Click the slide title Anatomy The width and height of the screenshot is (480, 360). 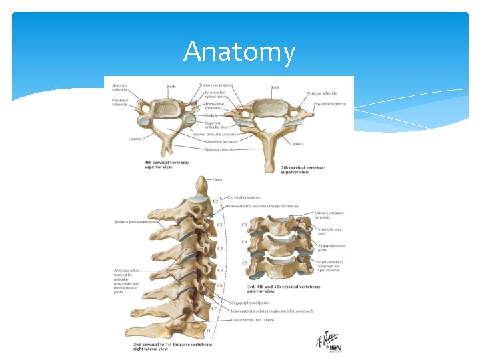tap(239, 52)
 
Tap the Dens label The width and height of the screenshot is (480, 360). tap(218, 179)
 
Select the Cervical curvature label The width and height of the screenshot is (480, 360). tap(245, 197)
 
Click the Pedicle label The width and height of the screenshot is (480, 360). tap(211, 115)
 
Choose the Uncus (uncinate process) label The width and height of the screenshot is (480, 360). tap(329, 216)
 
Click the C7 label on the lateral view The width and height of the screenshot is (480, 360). tap(214, 309)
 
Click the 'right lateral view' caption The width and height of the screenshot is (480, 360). tap(151, 347)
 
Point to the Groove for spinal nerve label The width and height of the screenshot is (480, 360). tap(215, 95)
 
